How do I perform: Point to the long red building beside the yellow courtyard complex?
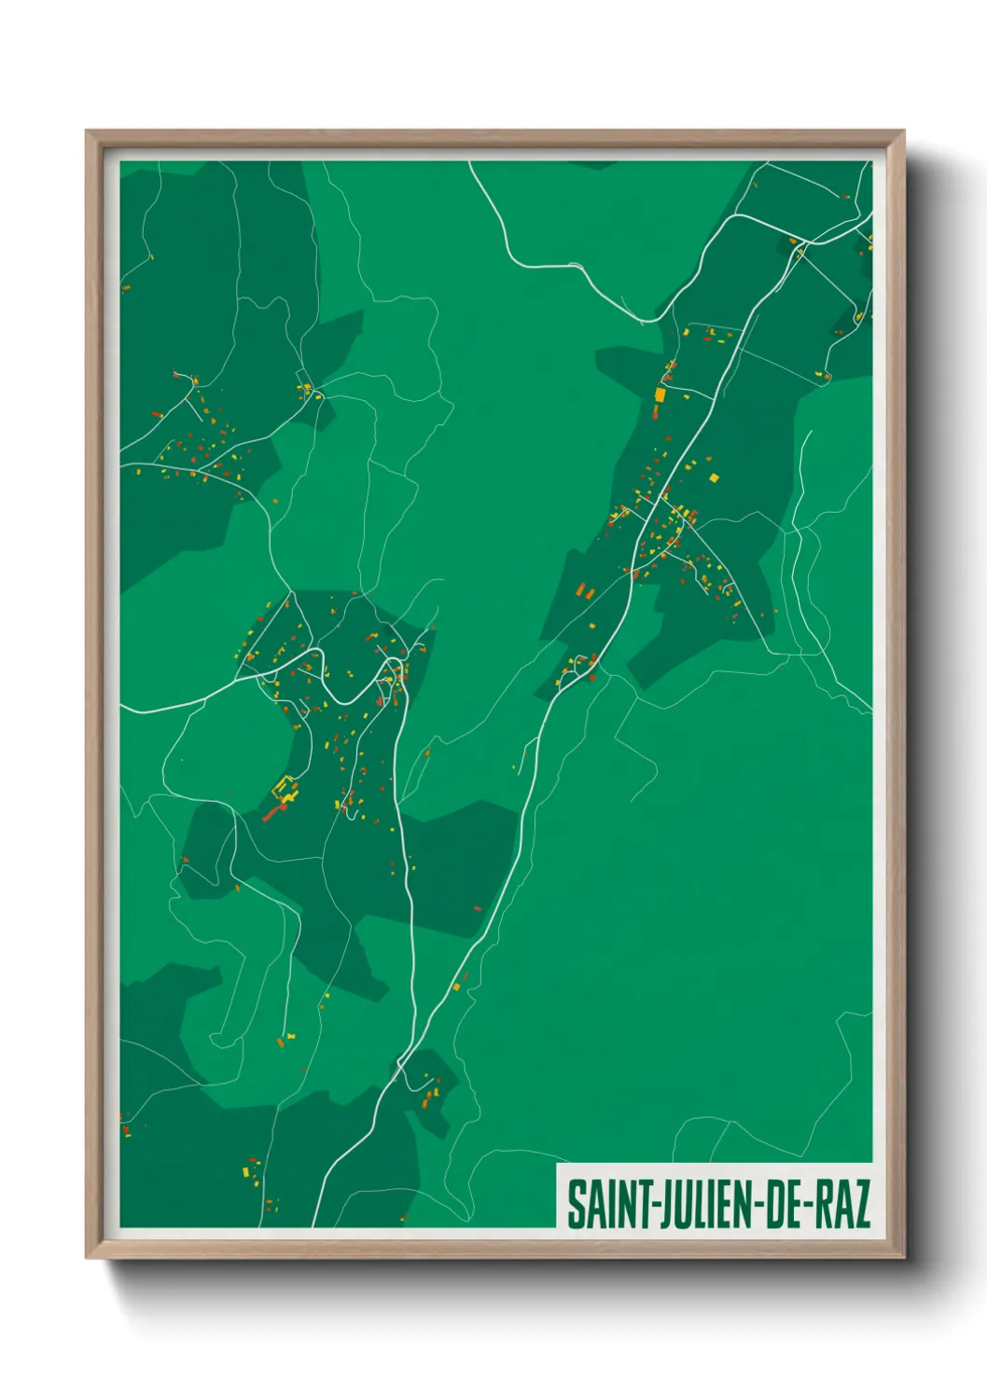tap(273, 813)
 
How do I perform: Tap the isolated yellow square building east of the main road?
tap(715, 478)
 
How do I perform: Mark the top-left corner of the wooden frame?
tap(87, 131)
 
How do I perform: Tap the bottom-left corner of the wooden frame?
tap(87, 1258)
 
